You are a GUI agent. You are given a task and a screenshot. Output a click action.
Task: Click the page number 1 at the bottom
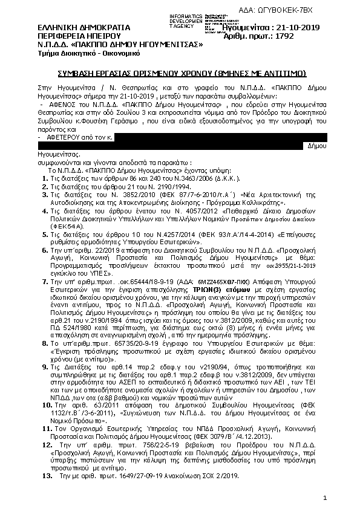(x=325, y=498)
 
